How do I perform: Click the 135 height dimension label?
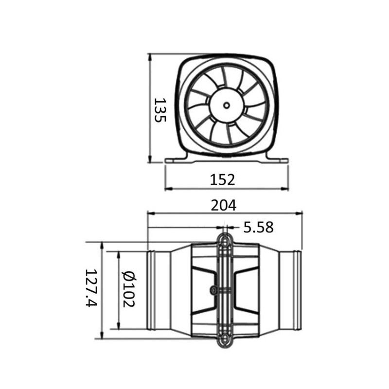tap(160, 110)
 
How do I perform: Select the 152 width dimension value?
tap(223, 179)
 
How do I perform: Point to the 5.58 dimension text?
tap(258, 227)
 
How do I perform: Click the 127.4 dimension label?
tap(91, 290)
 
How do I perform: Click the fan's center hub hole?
tap(227, 105)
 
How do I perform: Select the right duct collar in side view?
tap(295, 290)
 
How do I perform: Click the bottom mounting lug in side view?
tap(224, 342)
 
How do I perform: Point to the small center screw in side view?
tap(213, 290)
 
